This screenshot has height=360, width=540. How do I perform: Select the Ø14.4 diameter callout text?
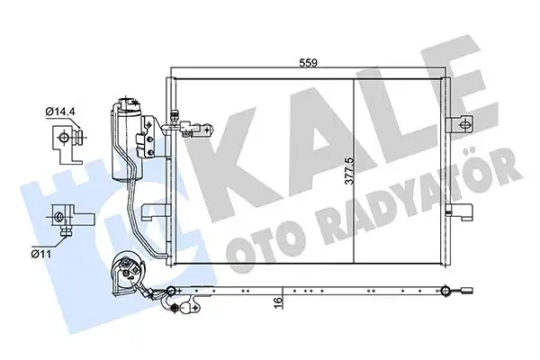59,112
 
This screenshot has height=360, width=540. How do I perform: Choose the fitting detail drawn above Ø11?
64,219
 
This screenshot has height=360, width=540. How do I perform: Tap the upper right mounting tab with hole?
462,121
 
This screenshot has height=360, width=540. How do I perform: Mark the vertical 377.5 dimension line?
349,166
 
